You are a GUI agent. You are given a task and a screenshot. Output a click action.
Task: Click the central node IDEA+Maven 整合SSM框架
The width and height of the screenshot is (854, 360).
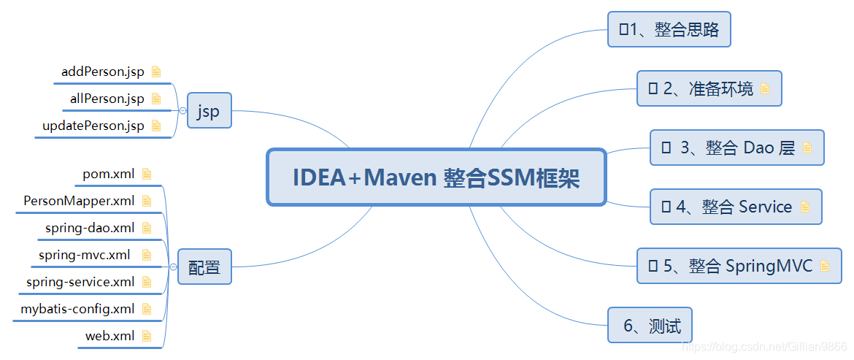pos(436,177)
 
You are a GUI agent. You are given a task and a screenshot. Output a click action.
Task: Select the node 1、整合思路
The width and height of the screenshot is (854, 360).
pos(669,29)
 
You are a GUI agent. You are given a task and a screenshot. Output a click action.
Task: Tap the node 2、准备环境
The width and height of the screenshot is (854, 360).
pos(708,89)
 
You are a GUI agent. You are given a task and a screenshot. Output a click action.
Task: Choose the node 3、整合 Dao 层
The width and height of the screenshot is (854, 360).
pos(736,148)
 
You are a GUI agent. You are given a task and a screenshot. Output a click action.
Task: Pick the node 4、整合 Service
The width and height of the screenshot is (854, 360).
pos(736,207)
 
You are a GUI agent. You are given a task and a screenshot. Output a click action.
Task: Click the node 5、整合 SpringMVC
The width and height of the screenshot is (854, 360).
pos(739,266)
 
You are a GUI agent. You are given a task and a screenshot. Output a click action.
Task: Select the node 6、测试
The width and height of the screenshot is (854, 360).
pos(650,326)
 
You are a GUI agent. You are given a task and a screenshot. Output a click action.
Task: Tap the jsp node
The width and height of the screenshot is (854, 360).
pos(209,111)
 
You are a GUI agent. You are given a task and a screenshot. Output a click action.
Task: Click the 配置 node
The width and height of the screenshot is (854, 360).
pos(204,267)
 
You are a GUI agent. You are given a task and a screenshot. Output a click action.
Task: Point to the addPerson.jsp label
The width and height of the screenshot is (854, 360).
pos(103,72)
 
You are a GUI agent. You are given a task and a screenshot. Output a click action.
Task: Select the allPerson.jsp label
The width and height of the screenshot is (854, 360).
pos(107,99)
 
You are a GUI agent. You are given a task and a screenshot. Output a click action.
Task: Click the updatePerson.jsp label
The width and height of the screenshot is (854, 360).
pos(93,126)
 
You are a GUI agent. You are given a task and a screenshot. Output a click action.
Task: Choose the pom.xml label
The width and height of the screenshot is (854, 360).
pos(109,174)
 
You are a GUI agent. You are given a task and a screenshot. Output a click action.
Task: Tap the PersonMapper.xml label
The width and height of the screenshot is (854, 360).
pos(79,201)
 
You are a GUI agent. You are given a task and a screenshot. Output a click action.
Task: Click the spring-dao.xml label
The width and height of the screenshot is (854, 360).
pos(90,228)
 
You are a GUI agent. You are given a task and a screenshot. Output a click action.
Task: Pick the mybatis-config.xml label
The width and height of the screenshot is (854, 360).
pos(77,309)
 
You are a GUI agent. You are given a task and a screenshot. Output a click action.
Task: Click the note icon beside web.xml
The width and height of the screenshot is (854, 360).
pos(147,336)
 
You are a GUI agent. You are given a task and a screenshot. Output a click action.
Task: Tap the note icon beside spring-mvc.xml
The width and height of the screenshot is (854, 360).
pos(147,255)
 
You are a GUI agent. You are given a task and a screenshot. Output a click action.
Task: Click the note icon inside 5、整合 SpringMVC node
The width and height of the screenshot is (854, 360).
pos(825,266)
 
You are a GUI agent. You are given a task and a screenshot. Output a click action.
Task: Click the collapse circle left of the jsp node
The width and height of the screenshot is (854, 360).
pos(182,111)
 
